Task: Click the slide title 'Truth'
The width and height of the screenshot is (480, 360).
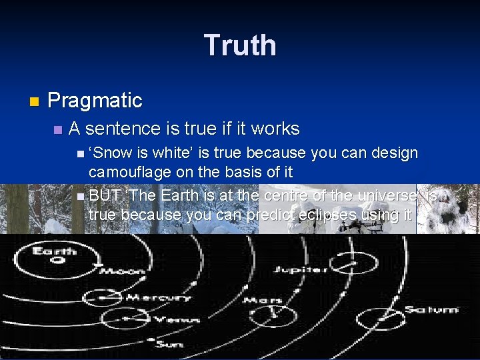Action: pos(240,45)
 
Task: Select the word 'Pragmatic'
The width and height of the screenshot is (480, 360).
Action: pos(95,101)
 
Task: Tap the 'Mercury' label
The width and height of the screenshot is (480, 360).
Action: pos(159,297)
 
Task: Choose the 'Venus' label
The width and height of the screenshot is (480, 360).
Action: pos(177,320)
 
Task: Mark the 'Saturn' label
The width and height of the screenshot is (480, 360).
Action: pos(433,309)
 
